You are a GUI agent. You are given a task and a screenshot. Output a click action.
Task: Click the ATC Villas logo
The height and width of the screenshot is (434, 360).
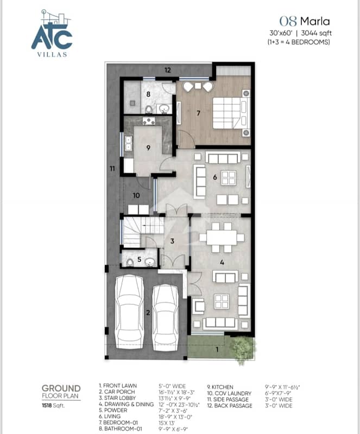(52, 34)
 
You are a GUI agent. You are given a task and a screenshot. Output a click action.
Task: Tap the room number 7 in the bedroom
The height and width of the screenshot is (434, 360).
(198, 113)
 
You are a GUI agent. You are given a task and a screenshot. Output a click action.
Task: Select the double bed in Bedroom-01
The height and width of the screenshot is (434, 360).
(231, 113)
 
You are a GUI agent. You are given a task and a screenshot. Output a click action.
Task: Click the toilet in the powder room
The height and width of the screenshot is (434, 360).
(130, 262)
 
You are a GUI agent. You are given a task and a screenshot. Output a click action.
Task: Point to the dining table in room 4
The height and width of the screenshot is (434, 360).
(222, 238)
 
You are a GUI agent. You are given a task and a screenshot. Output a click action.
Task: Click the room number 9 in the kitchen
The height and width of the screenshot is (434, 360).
(148, 148)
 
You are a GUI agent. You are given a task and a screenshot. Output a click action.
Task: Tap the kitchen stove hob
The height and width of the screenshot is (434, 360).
(149, 121)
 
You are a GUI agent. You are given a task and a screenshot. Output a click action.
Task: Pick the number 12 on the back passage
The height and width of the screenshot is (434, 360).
(168, 70)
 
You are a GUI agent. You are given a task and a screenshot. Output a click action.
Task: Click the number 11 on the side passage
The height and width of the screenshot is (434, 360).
(112, 168)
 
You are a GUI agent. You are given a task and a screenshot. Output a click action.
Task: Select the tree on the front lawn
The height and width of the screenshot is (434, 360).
(243, 349)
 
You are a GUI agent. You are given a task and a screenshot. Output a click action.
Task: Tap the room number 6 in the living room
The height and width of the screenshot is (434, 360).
(215, 177)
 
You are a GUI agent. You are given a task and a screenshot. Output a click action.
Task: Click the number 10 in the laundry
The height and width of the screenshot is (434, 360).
(136, 195)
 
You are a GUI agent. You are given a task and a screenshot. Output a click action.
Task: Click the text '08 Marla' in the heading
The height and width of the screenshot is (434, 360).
(304, 21)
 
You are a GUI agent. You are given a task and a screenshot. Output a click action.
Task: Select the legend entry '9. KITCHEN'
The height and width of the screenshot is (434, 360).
(220, 387)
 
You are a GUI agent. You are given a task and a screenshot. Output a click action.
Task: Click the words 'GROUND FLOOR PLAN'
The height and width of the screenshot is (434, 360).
(61, 392)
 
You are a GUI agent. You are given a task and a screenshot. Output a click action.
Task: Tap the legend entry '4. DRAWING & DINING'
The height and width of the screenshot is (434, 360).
(126, 404)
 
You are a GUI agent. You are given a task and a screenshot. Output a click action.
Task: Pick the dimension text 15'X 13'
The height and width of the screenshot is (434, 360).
(166, 423)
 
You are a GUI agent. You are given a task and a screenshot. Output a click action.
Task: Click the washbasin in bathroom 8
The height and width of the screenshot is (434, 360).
(165, 108)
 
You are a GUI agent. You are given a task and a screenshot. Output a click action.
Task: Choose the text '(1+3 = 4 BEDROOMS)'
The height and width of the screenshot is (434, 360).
(299, 42)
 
